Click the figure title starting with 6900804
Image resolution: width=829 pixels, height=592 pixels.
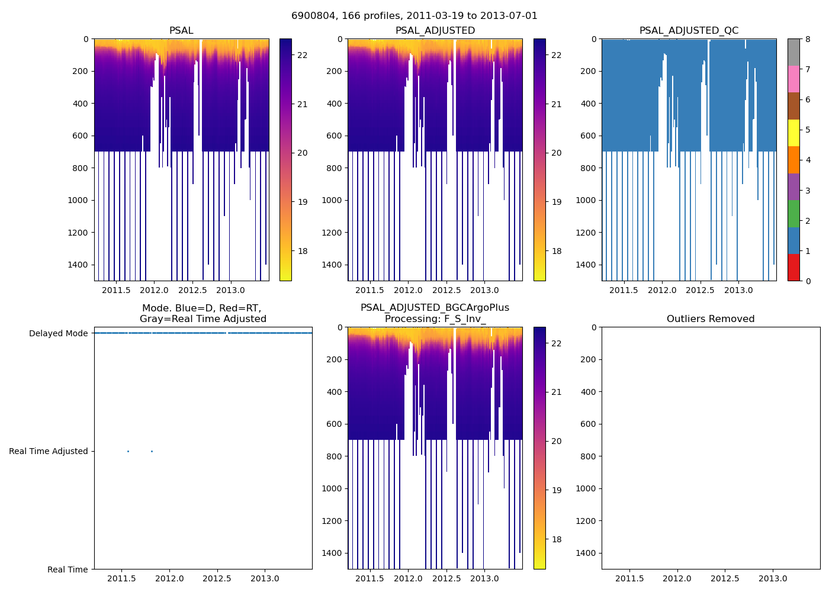click(x=415, y=16)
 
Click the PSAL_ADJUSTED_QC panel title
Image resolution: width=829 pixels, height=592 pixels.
click(x=689, y=31)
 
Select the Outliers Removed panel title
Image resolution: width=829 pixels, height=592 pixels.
click(x=711, y=319)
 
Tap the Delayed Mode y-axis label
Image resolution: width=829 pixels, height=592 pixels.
click(x=58, y=333)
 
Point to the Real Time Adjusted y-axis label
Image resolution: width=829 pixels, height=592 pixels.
click(x=49, y=451)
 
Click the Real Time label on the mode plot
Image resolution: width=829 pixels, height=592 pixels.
click(x=68, y=570)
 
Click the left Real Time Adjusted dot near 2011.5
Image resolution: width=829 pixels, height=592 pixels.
click(x=128, y=451)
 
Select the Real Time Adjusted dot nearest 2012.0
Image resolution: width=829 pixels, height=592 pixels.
click(x=152, y=451)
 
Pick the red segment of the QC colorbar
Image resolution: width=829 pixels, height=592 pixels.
click(x=793, y=268)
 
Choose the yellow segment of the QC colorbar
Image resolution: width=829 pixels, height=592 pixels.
click(x=793, y=133)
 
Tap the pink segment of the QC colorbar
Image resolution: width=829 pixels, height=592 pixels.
click(x=793, y=79)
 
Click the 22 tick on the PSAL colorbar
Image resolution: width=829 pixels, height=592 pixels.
click(x=302, y=55)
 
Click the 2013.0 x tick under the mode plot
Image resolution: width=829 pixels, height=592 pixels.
click(x=265, y=578)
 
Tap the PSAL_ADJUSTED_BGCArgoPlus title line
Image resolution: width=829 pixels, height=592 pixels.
click(x=435, y=308)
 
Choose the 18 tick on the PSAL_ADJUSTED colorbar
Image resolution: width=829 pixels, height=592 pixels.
click(x=557, y=251)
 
